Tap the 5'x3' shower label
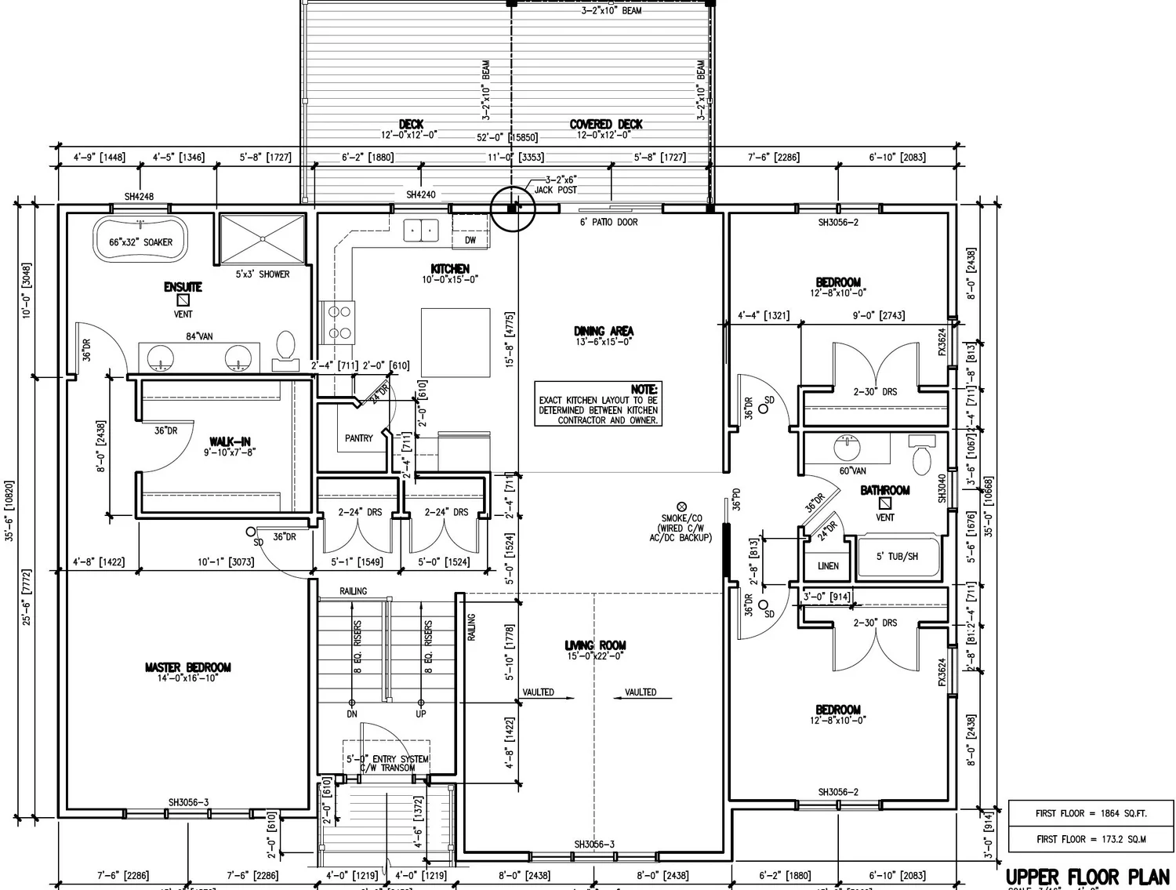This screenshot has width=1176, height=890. pos(263,274)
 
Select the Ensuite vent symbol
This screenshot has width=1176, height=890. pos(183,300)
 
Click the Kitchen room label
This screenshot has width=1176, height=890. pos(450,269)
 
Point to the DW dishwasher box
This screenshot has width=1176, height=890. pos(470,240)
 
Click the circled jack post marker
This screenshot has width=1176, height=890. pos(512,209)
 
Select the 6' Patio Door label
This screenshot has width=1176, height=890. pos(608,223)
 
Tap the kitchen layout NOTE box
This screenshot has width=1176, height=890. pos(597,405)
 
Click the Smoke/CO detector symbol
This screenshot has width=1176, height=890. pos(681,507)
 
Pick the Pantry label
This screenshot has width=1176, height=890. pos(359,438)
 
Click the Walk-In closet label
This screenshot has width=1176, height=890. pos(230,442)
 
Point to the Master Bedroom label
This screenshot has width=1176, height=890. pos(187,667)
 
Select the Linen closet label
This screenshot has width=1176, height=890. pos(828,565)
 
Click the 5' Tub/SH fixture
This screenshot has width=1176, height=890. pos(898,557)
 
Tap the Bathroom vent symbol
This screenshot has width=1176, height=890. pos(885,503)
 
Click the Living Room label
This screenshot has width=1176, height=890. pos(595,645)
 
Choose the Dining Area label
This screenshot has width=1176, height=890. pos(604,331)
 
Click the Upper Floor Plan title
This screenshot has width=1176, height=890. pos(1087,876)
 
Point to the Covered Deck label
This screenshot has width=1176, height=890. pos(605,124)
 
